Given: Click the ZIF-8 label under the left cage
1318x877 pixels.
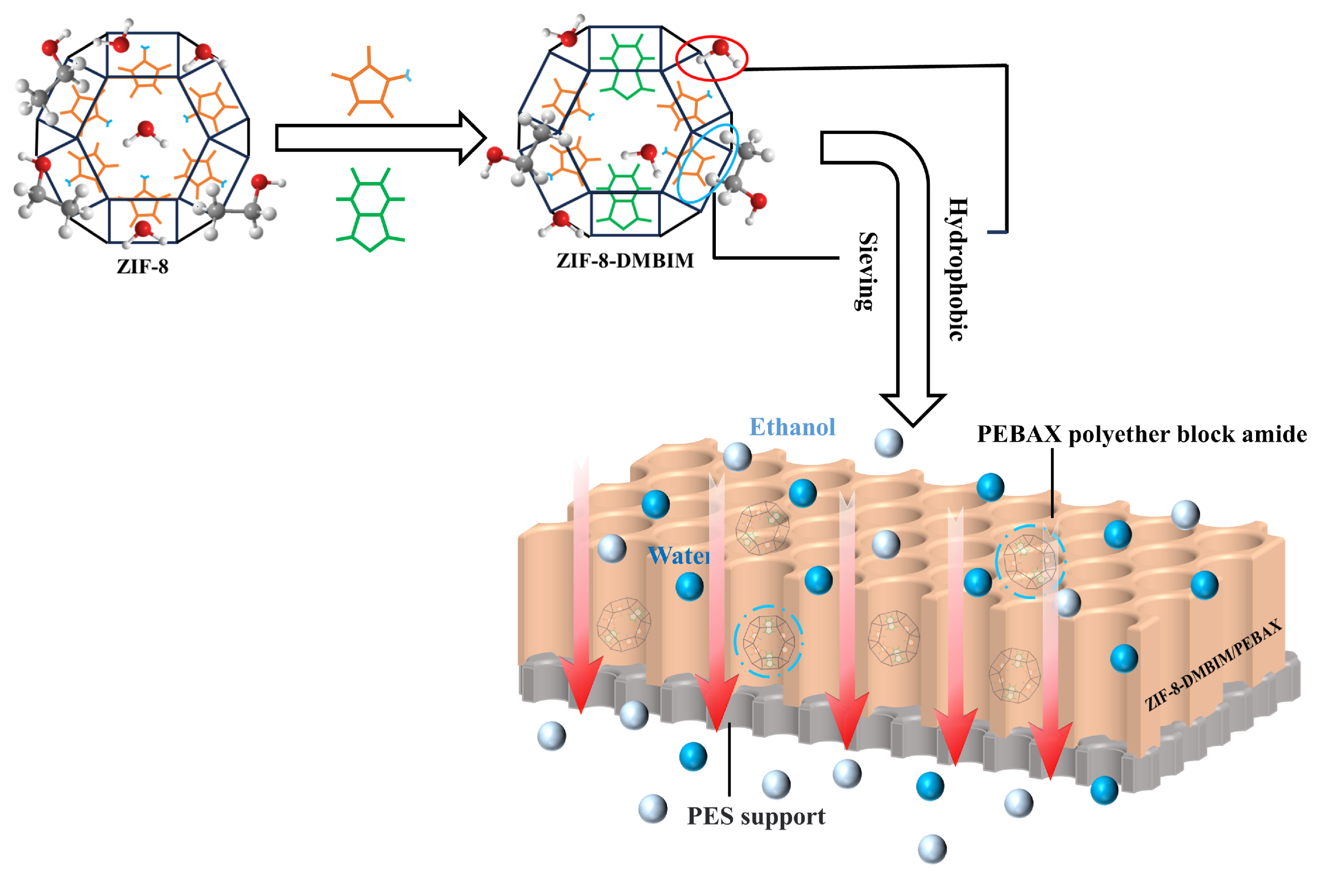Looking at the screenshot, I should pos(142,266).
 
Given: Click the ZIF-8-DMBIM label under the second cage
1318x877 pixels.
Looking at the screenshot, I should pos(625,260).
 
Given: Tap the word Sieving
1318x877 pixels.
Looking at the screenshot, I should pos(867,271).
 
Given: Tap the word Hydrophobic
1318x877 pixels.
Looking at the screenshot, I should pos(957,268).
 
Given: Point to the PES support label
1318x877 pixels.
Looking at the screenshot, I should pos(756,817).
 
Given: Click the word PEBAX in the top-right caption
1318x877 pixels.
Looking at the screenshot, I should pos(1019,435).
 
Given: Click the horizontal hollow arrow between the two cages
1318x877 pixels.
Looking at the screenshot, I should pos(381,138).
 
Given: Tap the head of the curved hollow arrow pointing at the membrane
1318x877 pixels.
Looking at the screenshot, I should pos(913,408).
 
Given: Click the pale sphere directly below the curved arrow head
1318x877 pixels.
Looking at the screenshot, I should pos(888,443).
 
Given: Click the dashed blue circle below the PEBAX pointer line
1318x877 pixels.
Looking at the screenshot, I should pos(1030,561).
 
